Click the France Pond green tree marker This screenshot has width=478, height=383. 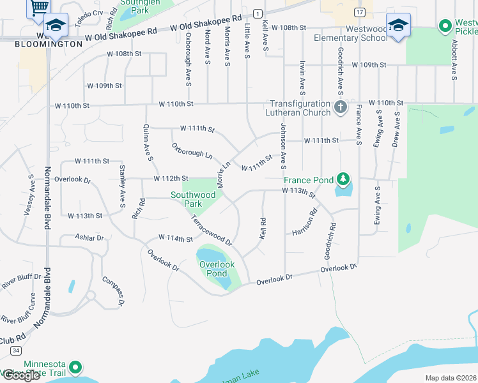click(x=344, y=179)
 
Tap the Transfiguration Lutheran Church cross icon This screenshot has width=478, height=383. click(x=340, y=107)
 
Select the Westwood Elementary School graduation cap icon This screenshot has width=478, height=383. click(x=398, y=26)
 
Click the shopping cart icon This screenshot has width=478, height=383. click(x=39, y=6)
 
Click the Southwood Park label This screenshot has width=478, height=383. click(x=193, y=199)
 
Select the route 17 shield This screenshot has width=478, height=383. click(x=360, y=12)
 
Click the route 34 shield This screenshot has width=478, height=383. click(x=16, y=350)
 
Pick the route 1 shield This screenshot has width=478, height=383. click(x=257, y=13)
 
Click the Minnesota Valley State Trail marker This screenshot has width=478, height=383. click(x=75, y=367)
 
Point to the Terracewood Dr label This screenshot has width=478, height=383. click(x=211, y=230)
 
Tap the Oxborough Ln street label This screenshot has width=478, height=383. click(x=192, y=151)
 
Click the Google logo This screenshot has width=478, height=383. click(x=20, y=375)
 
